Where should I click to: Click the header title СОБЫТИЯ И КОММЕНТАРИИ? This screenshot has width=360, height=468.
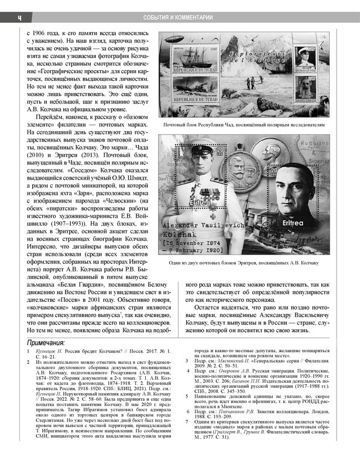(180, 18)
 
